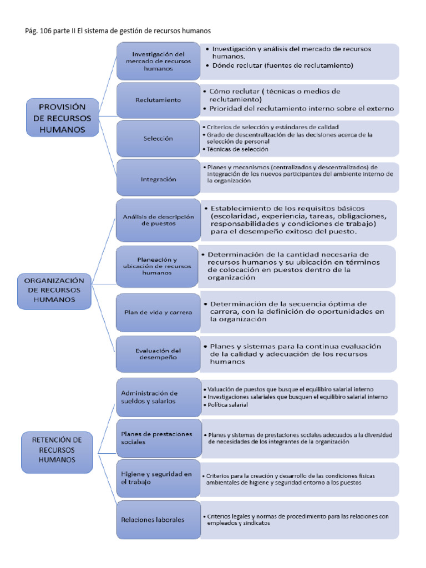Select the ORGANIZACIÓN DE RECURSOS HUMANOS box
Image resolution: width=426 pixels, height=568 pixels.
coord(54,290)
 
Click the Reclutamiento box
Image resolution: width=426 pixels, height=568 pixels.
coord(158,100)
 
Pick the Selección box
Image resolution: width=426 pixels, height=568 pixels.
coord(158,138)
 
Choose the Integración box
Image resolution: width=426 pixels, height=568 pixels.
coord(158,179)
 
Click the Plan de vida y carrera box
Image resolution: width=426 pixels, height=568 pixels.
coord(158,312)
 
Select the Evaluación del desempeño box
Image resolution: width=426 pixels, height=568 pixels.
coord(158,354)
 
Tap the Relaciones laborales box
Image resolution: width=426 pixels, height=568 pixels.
coord(158,520)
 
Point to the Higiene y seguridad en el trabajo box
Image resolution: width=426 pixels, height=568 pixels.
coord(158,478)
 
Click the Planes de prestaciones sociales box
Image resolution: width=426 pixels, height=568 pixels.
coord(158,438)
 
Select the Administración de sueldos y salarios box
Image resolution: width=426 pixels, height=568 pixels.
coord(158,397)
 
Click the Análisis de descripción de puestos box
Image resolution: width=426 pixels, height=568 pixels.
coord(158,220)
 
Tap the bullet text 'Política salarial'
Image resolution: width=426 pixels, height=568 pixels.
coord(228,405)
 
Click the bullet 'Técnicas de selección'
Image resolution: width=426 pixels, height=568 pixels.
coord(237,149)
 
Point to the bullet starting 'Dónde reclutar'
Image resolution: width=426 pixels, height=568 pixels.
coord(283,65)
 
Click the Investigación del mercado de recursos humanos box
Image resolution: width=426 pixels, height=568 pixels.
coord(158,62)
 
